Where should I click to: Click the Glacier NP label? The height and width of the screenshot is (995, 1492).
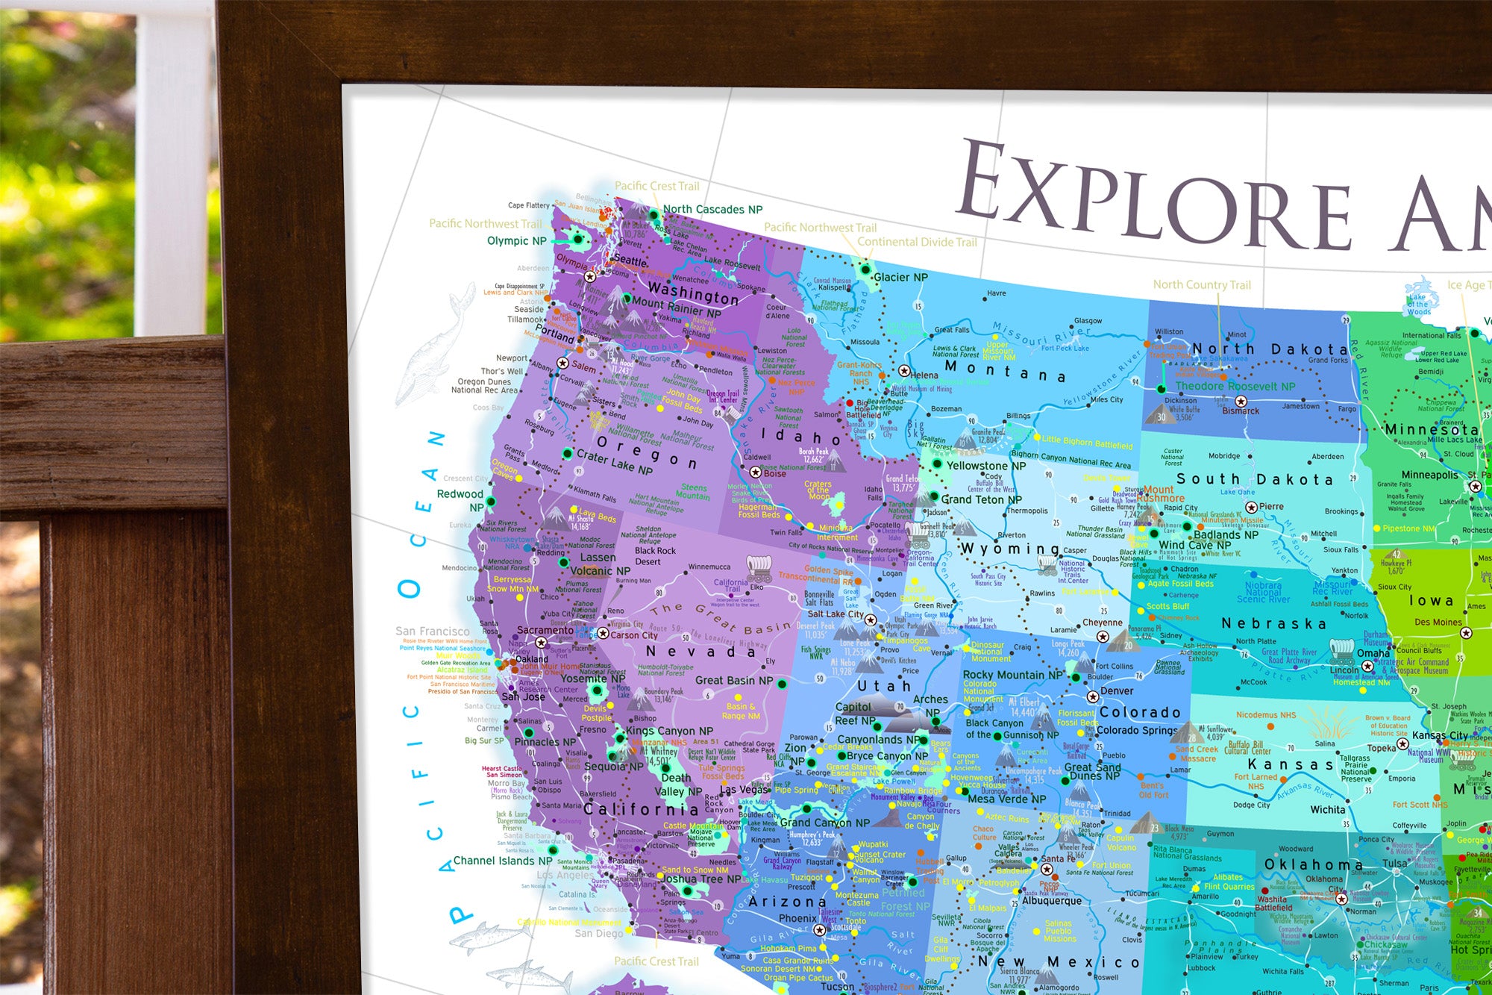coord(900,277)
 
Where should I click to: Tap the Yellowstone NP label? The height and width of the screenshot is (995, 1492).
coord(985,466)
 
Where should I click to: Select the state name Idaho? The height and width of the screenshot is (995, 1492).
coord(800,436)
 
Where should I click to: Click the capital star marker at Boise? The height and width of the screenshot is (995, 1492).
coord(755,472)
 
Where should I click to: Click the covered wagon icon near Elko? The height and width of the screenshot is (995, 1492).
coord(759,568)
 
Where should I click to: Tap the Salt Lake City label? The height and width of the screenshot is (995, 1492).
coord(836,614)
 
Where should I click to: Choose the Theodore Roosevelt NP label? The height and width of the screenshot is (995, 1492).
coord(1235,386)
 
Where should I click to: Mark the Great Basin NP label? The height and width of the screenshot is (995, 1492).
coord(733,680)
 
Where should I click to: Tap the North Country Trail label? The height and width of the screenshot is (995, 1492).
coord(1202,284)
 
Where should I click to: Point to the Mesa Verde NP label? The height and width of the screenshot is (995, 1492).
coord(1006,799)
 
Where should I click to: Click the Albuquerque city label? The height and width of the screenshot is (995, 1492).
coord(1051,900)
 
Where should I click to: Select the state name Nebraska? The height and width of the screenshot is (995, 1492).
coord(1273,623)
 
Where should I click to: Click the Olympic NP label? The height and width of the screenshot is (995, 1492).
coord(516,240)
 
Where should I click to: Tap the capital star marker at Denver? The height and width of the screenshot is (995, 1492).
coord(1093,696)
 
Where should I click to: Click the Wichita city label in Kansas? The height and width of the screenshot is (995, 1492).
coord(1328,809)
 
